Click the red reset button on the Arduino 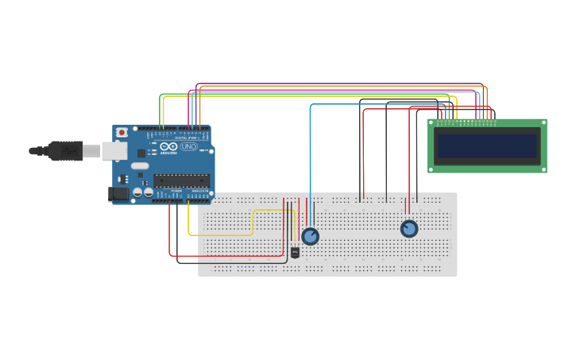tap(122, 133)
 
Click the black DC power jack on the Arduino tap(118, 193)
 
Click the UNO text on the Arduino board tap(189, 147)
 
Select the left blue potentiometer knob tap(310, 236)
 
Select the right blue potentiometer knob tap(409, 229)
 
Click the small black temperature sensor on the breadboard tap(295, 253)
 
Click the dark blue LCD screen tap(487, 146)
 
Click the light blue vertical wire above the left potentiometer tap(310, 159)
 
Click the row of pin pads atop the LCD tap(466, 124)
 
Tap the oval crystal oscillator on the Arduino tap(140, 166)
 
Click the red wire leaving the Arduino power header tap(169, 230)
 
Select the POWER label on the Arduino tap(176, 192)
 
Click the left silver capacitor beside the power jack tap(137, 192)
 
